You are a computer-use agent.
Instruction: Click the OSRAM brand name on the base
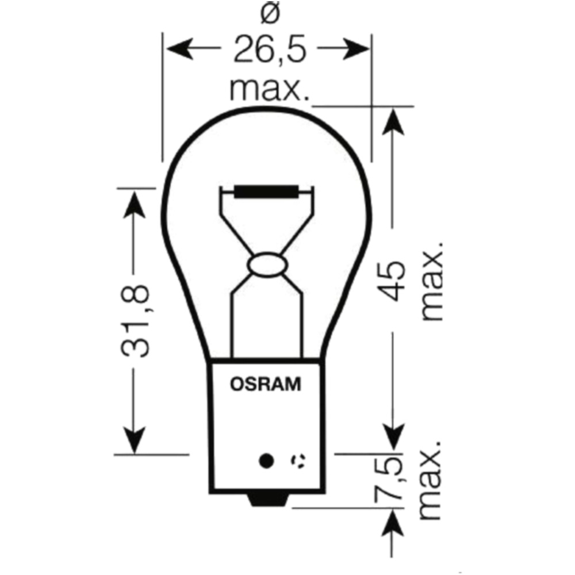pyautogui.click(x=266, y=384)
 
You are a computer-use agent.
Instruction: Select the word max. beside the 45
pyautogui.click(x=432, y=281)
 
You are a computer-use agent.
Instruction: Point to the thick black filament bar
pyautogui.click(x=266, y=192)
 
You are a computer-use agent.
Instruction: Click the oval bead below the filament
pyautogui.click(x=266, y=266)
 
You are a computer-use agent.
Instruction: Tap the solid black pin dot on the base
pyautogui.click(x=266, y=460)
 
